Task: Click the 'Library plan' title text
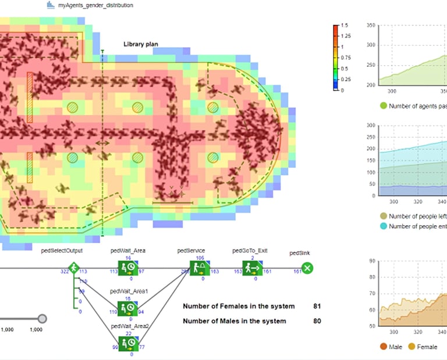click(141, 44)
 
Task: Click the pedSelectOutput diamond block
click(73, 268)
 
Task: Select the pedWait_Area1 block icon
click(127, 308)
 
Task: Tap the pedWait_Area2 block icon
click(127, 343)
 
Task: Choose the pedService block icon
click(200, 268)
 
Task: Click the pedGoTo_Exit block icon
click(252, 268)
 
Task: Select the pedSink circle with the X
click(308, 268)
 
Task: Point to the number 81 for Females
click(317, 306)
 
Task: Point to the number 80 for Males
click(317, 321)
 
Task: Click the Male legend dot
click(384, 347)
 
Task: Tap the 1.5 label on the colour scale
click(345, 26)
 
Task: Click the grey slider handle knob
click(42, 318)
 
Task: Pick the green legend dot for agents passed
click(383, 106)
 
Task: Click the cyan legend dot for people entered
click(383, 226)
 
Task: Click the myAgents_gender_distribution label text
click(95, 5)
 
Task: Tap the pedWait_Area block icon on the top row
click(127, 268)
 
